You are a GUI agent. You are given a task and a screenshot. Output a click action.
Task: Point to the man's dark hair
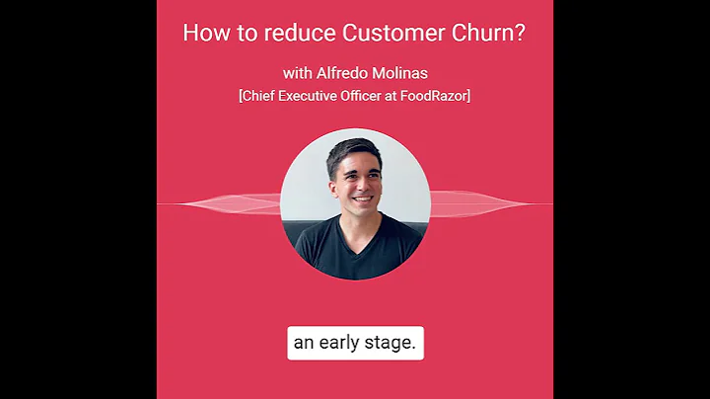coord(352,150)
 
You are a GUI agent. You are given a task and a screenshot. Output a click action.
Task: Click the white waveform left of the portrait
coord(237,203)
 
